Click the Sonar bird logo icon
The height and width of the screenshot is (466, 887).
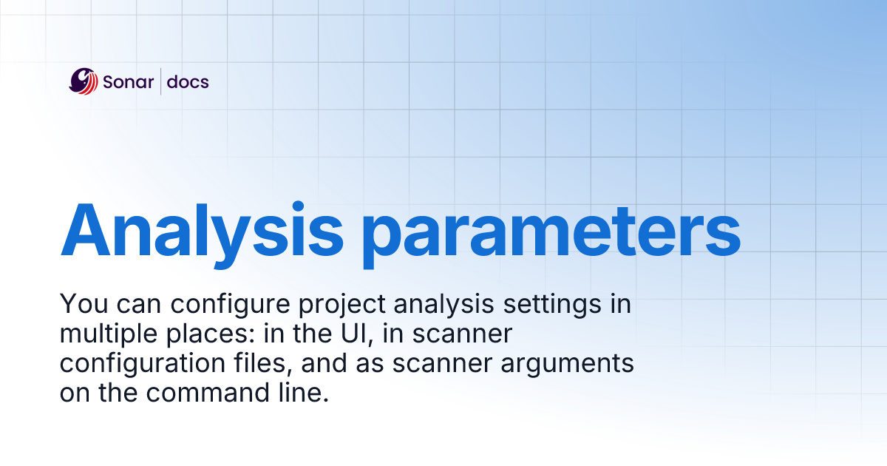(x=84, y=81)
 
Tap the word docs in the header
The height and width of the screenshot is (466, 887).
(x=188, y=82)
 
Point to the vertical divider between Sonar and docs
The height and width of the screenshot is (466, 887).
(x=160, y=81)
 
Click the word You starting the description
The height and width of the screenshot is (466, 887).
(x=81, y=304)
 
